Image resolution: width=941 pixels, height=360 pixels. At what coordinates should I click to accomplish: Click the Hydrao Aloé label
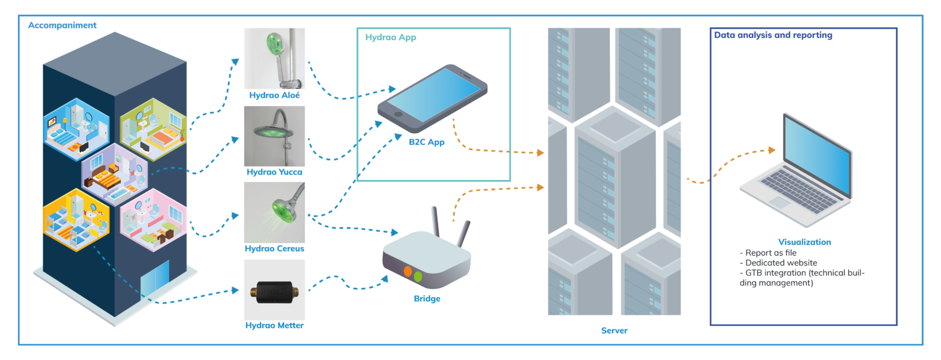(x=274, y=95)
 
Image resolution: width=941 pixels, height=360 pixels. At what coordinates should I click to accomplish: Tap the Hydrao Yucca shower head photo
(x=274, y=136)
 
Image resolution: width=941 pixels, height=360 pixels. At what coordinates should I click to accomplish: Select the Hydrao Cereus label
(x=274, y=248)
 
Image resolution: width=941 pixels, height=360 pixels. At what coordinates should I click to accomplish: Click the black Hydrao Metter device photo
(x=274, y=290)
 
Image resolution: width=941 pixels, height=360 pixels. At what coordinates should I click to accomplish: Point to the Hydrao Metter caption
(x=274, y=326)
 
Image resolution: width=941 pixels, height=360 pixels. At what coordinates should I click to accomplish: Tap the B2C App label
(x=427, y=143)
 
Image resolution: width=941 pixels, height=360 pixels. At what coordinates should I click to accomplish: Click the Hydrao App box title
(x=391, y=37)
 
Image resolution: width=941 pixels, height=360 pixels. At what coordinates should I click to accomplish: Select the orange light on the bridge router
(x=408, y=271)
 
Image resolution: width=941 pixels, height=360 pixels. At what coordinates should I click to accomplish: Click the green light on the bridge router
(x=418, y=277)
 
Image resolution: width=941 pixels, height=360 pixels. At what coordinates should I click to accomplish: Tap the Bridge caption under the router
(x=427, y=298)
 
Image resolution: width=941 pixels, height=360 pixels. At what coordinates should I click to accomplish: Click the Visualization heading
(x=804, y=242)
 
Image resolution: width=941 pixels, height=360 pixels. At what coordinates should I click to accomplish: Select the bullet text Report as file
(x=771, y=253)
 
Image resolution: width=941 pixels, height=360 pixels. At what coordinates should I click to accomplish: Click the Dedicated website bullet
(x=778, y=263)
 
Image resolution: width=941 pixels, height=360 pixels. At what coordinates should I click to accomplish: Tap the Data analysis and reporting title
(x=773, y=35)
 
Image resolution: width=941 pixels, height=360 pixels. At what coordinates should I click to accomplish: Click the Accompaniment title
(x=62, y=25)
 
